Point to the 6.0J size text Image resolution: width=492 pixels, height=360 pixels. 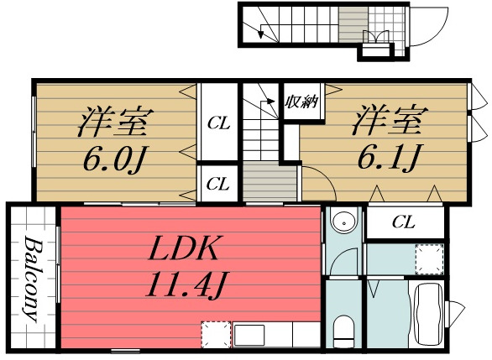coord(115,158)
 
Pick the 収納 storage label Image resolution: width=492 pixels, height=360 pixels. coord(300,104)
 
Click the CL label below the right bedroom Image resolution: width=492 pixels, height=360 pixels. coord(404,222)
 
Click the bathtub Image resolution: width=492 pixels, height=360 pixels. coord(428,315)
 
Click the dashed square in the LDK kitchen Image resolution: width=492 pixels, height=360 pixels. coord(216,335)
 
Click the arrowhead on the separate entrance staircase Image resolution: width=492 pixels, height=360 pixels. coord(263,34)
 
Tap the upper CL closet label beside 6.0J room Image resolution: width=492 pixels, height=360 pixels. coord(219,124)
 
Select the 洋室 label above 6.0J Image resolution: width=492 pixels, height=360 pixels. coord(115,122)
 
